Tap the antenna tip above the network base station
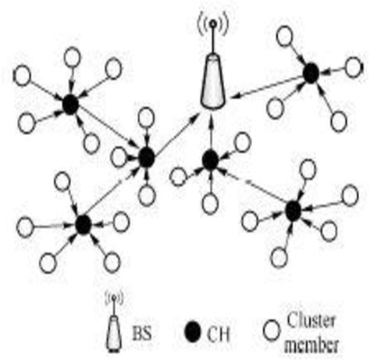point(213,23)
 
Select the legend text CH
point(219,334)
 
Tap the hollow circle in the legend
point(272,330)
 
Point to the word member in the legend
point(311,344)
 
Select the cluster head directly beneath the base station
point(210,160)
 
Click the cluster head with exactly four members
point(311,73)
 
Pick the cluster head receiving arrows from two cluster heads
point(147,157)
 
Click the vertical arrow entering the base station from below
point(212,133)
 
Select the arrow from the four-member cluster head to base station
point(268,87)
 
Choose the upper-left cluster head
point(70,105)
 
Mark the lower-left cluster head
point(84,224)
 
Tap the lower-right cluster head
point(294,211)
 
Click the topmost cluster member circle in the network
point(285,36)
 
